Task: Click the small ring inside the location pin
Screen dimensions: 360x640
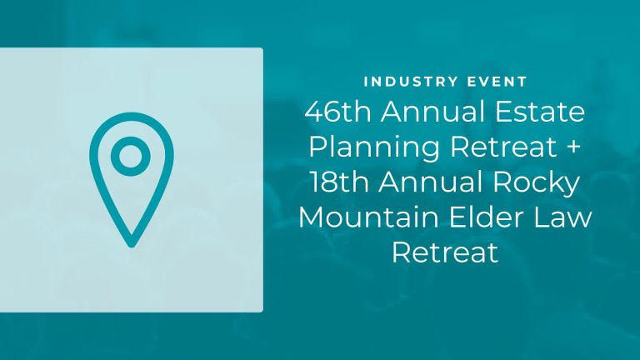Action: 129,156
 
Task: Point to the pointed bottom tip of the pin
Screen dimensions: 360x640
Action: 129,244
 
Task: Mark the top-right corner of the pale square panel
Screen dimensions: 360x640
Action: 262,49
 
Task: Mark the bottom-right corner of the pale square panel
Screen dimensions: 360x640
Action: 262,311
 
